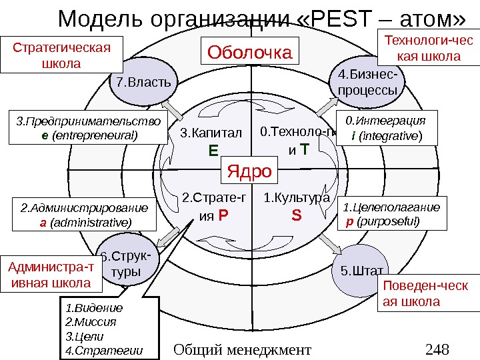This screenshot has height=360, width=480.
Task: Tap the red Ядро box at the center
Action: (249, 171)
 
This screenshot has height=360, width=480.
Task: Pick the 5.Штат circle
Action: (361, 271)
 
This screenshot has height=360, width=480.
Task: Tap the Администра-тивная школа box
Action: (53, 276)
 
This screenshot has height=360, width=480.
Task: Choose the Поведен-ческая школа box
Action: (427, 293)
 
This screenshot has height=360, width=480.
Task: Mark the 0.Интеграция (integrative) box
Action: (387, 129)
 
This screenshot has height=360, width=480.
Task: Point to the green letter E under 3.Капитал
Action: (213, 151)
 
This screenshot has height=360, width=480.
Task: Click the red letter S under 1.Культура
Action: (296, 216)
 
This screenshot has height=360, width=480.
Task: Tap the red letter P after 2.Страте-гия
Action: (223, 216)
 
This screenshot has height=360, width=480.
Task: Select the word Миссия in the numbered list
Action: (96, 321)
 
